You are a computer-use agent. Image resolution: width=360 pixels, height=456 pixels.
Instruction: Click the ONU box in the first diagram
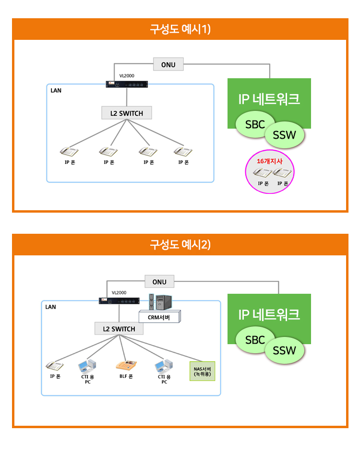168,64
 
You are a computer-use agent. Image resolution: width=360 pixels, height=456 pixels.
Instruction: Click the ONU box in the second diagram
159,281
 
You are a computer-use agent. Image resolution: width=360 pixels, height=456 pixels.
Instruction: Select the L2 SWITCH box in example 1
127,113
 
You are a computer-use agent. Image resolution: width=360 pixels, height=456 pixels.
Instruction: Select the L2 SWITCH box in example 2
119,329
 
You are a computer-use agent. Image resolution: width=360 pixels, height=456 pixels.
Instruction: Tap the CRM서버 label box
159,316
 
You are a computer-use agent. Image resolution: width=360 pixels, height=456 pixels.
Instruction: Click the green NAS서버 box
203,371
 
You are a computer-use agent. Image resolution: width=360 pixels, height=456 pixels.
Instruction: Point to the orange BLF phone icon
126,365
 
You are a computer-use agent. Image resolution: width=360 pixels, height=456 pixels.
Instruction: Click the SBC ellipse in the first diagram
255,124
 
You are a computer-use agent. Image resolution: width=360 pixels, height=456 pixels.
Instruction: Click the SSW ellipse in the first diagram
284,135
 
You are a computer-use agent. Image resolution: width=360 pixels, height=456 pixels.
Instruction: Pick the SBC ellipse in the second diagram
255,340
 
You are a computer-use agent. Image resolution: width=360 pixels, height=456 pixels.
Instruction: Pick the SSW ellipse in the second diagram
284,351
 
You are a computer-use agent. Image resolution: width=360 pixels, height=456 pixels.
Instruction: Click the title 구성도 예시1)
180,29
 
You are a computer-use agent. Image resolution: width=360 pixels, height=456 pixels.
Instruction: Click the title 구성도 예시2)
180,245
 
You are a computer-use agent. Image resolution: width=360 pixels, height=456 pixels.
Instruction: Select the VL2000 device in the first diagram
127,84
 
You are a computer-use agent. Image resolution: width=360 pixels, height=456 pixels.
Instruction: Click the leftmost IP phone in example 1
70,152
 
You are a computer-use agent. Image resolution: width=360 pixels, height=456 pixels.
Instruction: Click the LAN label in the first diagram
56,90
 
